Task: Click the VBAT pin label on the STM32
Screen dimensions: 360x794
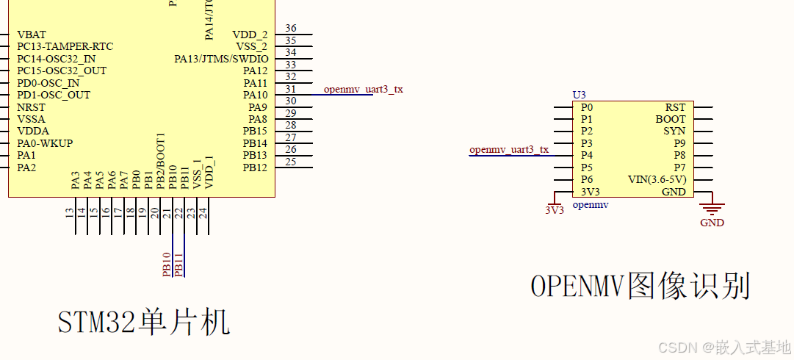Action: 32,35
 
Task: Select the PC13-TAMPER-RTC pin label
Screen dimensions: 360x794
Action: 65,46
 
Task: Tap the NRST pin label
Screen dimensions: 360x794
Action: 31,107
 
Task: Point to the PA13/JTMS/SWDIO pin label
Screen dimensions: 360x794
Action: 221,59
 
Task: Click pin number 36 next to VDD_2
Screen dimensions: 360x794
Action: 291,29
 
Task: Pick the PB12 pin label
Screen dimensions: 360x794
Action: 255,168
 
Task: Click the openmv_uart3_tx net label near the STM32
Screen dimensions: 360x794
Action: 363,90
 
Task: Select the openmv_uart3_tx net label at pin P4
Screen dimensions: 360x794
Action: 509,150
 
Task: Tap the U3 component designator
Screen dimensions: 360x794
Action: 579,96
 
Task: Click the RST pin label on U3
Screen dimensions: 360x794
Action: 675,107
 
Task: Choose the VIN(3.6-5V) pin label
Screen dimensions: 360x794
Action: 657,180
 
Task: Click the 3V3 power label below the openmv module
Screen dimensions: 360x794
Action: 554,209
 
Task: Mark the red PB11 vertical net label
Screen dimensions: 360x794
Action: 178,264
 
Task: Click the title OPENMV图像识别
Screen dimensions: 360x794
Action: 640,286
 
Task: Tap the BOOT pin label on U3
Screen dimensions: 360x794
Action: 671,119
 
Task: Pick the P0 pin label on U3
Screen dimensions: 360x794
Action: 586,107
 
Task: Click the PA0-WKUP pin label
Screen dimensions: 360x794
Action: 45,143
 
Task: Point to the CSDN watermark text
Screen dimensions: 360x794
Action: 723,347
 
